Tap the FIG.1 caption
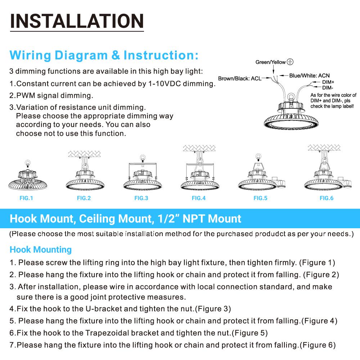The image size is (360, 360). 26,198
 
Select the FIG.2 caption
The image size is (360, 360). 84,198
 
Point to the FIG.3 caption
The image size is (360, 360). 141,198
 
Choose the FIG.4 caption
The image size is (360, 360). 199,198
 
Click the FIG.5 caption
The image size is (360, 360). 260,198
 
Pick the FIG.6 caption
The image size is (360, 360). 327,198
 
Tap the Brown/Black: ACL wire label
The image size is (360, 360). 239,78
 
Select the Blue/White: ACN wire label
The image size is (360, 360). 309,76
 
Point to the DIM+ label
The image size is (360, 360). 328,82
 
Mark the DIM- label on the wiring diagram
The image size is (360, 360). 328,87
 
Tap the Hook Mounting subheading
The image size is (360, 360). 41,249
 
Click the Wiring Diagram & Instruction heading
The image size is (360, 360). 104,55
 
